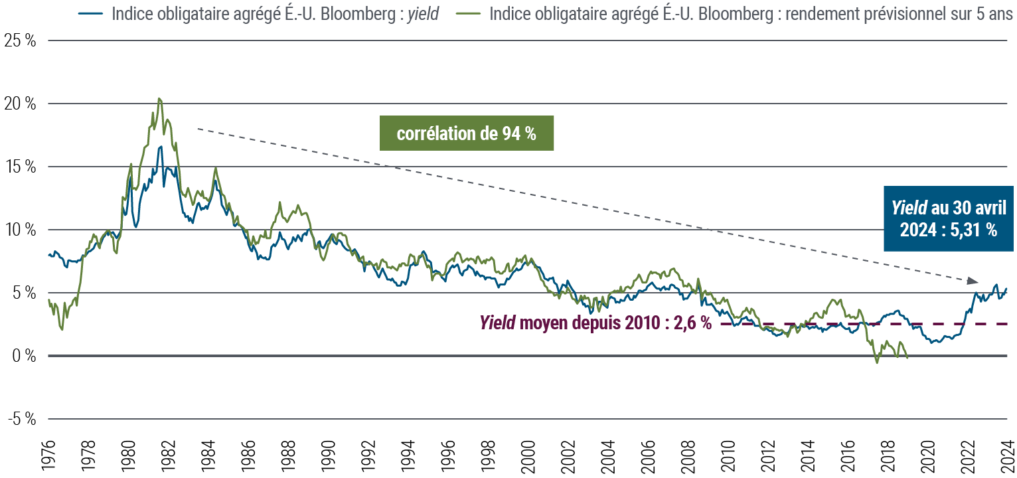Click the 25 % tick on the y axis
19,40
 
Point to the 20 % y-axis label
19,104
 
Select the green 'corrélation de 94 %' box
466,133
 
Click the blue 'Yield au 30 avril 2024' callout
949,218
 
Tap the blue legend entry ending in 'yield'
259,13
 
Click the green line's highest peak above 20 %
159,99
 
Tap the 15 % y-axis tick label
19,167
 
